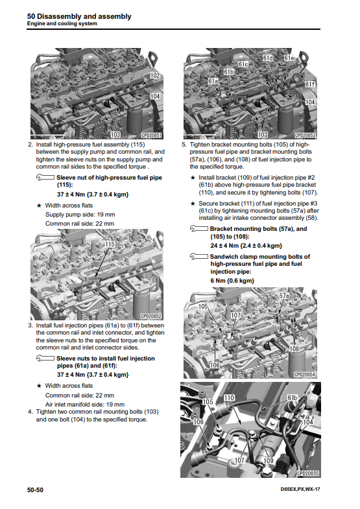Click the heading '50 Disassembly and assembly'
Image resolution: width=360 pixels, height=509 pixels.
[79, 16]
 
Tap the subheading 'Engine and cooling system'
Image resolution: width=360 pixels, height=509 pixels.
[62, 24]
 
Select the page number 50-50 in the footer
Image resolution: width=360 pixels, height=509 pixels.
[35, 490]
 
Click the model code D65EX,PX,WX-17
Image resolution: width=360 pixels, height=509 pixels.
[300, 489]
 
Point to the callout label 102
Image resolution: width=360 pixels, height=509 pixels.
[155, 76]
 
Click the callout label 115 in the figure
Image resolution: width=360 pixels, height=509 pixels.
[110, 244]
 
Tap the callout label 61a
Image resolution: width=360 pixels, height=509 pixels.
[213, 81]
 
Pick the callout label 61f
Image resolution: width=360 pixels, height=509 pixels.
[310, 84]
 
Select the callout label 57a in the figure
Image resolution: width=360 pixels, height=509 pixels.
[284, 296]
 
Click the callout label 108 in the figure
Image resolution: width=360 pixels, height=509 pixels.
[294, 349]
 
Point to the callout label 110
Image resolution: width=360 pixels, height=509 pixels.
[229, 397]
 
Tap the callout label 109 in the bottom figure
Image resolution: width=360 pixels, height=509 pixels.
[268, 460]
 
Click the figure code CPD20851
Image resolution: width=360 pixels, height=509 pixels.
[151, 136]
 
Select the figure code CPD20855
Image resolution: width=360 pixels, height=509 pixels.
[307, 473]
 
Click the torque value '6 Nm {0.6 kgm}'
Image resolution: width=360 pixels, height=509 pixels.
[232, 281]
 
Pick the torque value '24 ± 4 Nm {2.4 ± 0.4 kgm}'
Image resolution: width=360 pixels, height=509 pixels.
[246, 246]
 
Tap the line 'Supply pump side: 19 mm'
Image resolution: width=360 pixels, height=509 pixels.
[80, 215]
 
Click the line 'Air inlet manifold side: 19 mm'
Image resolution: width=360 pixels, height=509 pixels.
[85, 405]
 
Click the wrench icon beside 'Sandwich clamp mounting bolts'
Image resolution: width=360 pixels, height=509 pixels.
[199, 257]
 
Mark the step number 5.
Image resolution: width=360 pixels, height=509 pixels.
[184, 145]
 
